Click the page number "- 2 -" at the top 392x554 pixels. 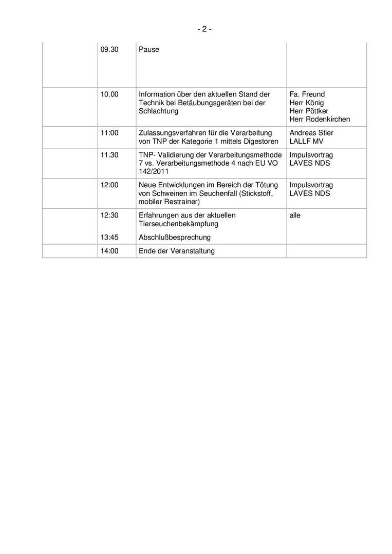[x=204, y=29]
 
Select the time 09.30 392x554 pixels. [x=109, y=50]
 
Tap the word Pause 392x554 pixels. [x=149, y=50]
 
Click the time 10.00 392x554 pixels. [x=109, y=94]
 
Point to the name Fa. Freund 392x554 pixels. [x=307, y=94]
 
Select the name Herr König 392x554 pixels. [x=307, y=103]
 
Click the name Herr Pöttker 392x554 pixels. [x=309, y=111]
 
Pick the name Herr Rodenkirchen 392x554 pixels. [x=320, y=119]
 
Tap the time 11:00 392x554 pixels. [x=109, y=133]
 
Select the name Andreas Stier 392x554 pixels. [x=311, y=133]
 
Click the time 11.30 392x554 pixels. [x=109, y=155]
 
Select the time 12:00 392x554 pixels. [x=109, y=185]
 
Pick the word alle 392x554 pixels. [x=295, y=215]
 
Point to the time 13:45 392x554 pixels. [x=109, y=238]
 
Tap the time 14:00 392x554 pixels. [x=109, y=251]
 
